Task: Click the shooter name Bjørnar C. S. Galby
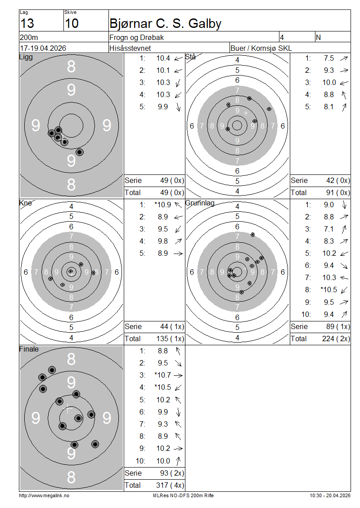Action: click(x=166, y=23)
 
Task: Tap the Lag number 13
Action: click(x=27, y=23)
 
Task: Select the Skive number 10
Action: click(x=72, y=23)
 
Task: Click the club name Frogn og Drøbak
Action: click(x=136, y=38)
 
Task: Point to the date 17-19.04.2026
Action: click(x=43, y=48)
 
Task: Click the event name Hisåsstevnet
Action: click(x=130, y=48)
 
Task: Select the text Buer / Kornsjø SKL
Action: click(x=261, y=48)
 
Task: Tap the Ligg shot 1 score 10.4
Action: click(x=163, y=58)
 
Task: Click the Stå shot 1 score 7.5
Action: click(x=329, y=58)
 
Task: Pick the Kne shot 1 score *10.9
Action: click(x=163, y=205)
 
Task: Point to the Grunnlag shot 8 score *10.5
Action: click(x=329, y=290)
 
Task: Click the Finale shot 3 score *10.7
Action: click(x=163, y=375)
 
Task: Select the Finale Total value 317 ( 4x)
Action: click(x=170, y=486)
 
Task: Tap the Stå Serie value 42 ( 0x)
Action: click(x=338, y=180)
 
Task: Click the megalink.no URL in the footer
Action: click(x=44, y=496)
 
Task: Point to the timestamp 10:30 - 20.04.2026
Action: click(x=330, y=496)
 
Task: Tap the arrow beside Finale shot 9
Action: click(x=178, y=449)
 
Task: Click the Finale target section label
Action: click(x=29, y=349)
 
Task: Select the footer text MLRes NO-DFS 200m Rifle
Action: click(x=183, y=496)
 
